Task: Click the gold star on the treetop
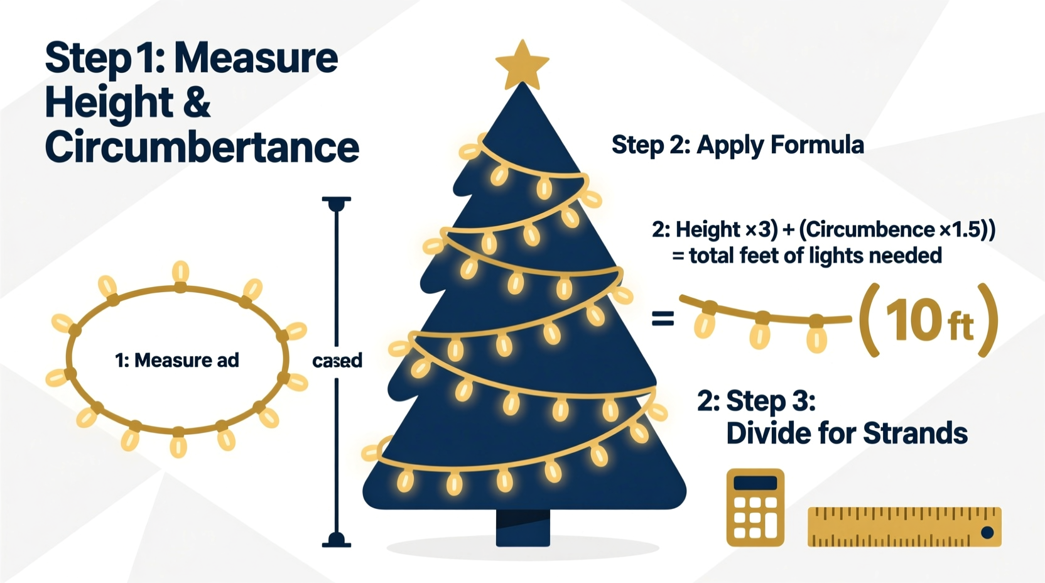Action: coord(522,65)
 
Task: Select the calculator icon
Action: coord(755,508)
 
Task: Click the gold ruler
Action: coord(904,526)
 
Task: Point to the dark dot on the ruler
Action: coord(987,533)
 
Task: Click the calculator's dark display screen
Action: coord(755,483)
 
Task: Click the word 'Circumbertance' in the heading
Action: coord(202,147)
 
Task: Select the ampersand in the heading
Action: coord(197,102)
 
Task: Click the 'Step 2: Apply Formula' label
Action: coord(737,145)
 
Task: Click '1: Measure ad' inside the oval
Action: coord(176,361)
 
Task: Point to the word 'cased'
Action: coord(337,361)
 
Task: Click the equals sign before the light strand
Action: coord(663,319)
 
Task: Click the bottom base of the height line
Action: coord(336,541)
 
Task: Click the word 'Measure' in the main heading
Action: coord(256,58)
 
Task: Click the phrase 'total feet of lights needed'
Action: coord(815,256)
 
